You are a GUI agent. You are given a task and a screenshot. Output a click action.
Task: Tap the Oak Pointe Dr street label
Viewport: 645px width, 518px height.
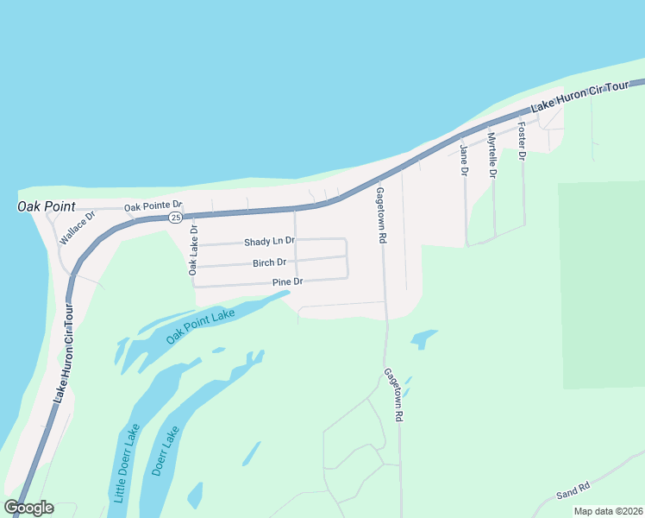pyautogui.click(x=153, y=206)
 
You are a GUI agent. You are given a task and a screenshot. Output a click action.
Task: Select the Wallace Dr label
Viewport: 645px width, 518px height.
pyautogui.click(x=77, y=228)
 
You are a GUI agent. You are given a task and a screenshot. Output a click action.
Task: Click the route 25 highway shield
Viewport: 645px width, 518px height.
pyautogui.click(x=175, y=217)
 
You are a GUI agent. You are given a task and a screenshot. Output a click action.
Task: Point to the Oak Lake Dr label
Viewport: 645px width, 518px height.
pyautogui.click(x=193, y=250)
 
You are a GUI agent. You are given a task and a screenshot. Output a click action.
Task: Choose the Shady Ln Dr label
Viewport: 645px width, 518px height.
pyautogui.click(x=269, y=242)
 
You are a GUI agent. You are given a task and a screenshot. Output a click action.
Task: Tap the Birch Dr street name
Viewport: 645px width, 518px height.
pyautogui.click(x=269, y=262)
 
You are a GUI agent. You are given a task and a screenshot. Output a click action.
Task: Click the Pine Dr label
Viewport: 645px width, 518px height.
pyautogui.click(x=288, y=282)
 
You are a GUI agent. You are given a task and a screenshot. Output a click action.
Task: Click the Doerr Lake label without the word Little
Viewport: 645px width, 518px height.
pyautogui.click(x=165, y=451)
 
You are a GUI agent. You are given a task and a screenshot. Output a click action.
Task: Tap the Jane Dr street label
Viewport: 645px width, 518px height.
pyautogui.click(x=464, y=161)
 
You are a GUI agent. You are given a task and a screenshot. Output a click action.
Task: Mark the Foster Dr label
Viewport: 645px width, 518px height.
pyautogui.click(x=522, y=142)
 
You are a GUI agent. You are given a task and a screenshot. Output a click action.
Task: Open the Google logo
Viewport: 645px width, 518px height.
pyautogui.click(x=28, y=508)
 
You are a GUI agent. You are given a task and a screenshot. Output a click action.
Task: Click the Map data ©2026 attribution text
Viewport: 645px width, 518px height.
pyautogui.click(x=608, y=511)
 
